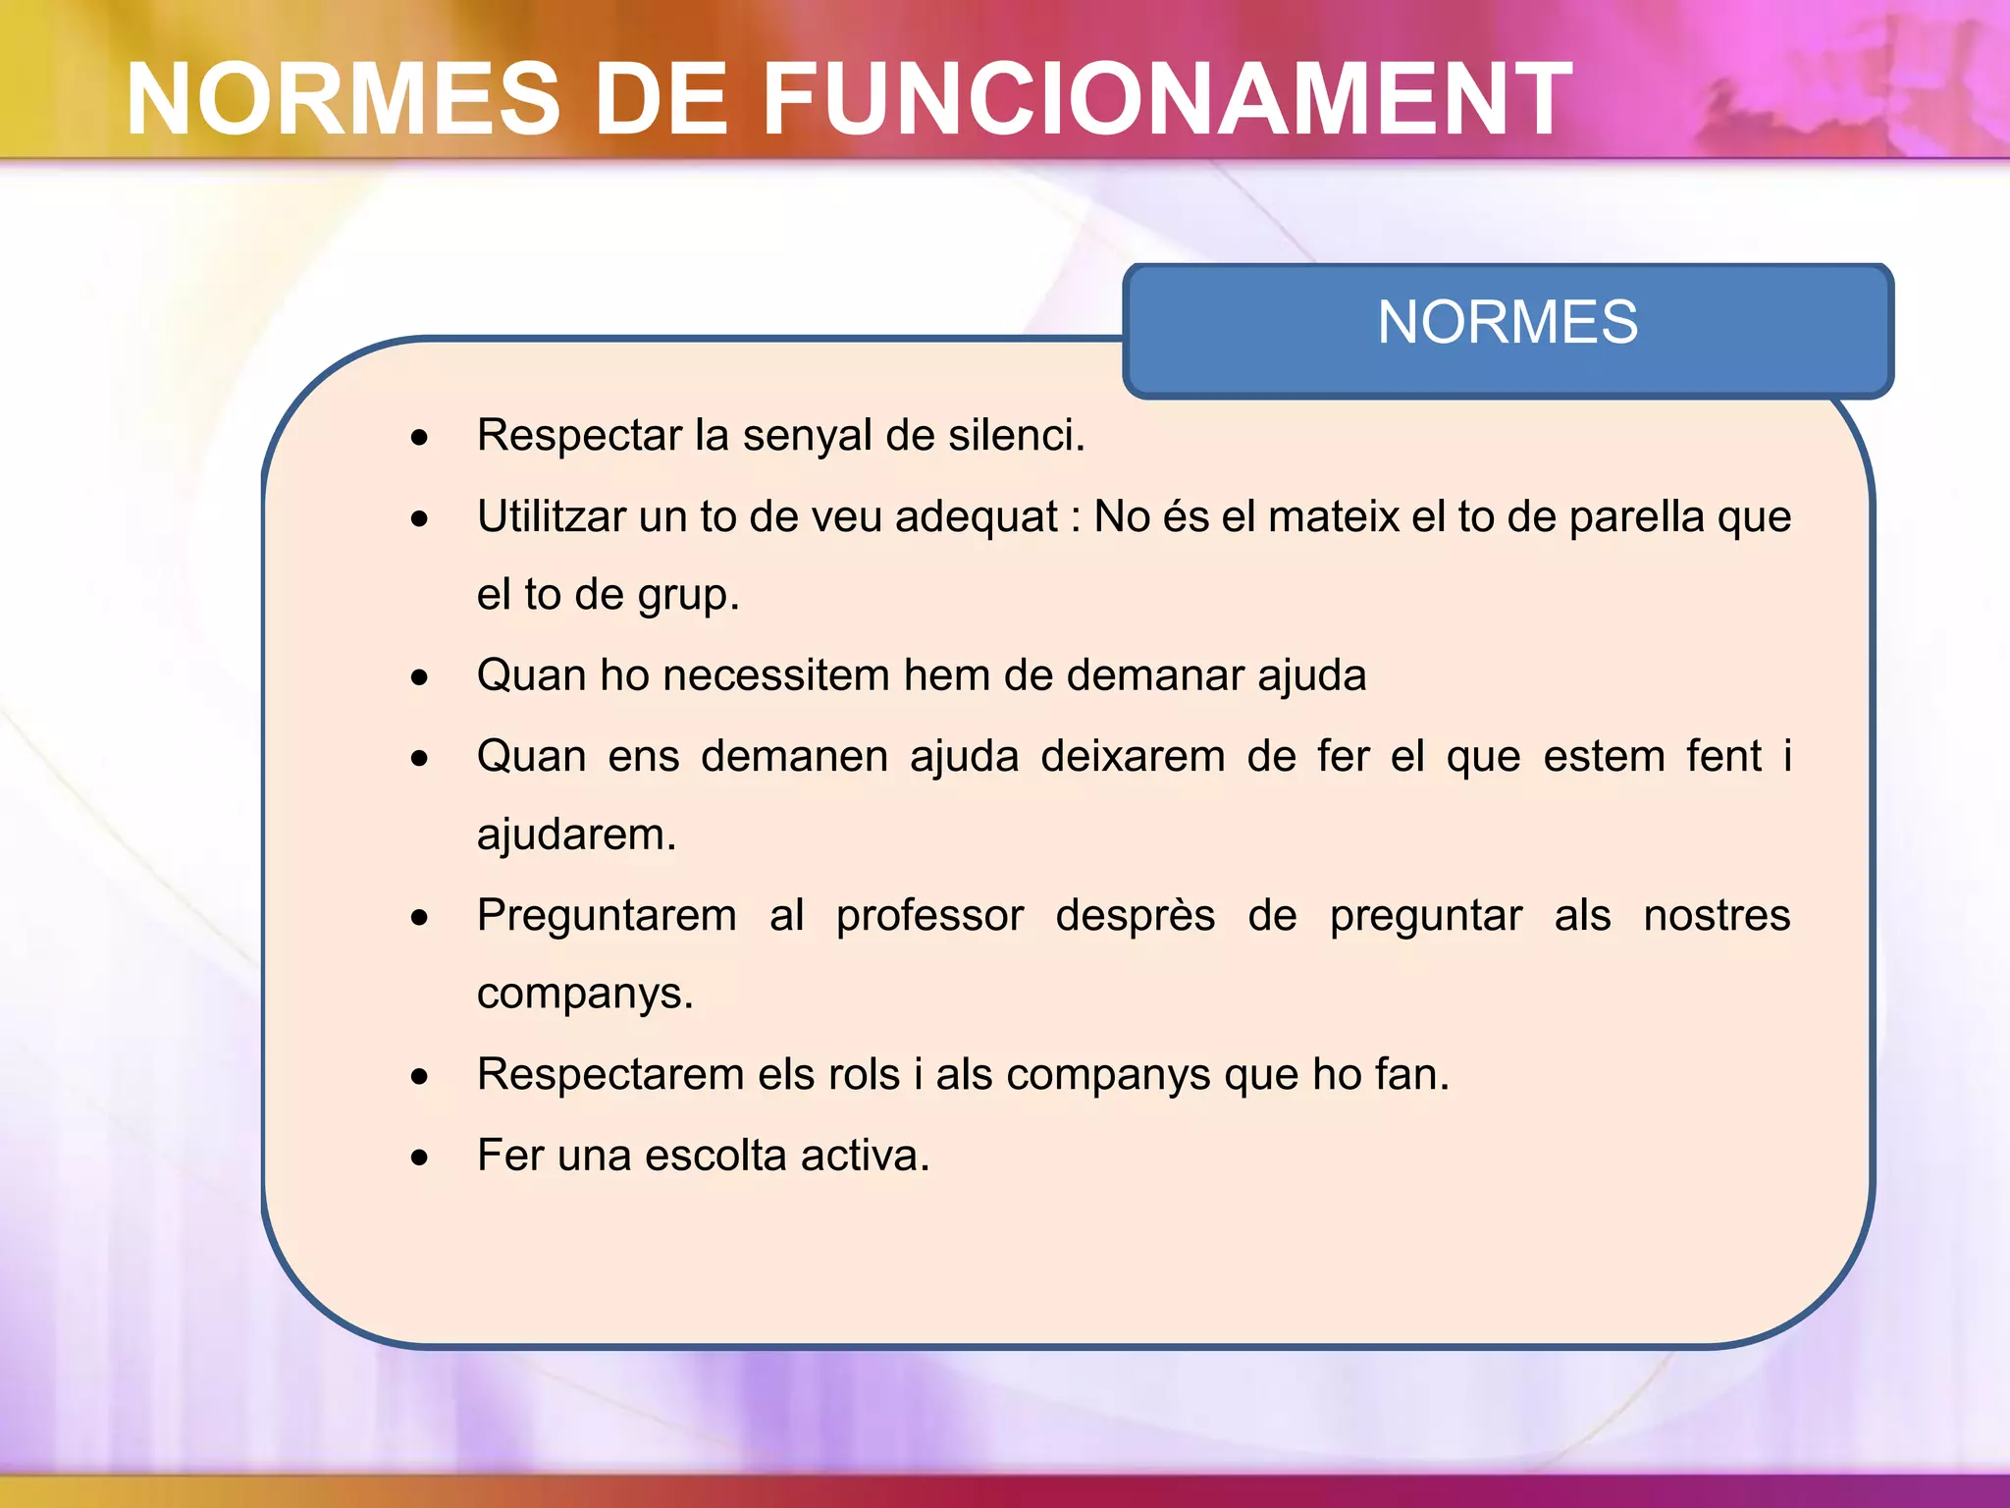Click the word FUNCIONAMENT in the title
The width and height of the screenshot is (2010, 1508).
[x=1167, y=99]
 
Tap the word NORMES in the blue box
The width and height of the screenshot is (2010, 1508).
[x=1507, y=322]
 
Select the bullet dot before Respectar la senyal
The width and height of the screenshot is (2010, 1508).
[x=420, y=438]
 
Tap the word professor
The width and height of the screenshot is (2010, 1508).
[x=929, y=916]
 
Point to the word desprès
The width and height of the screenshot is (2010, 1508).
[x=1135, y=916]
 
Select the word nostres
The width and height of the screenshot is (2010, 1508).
[x=1717, y=915]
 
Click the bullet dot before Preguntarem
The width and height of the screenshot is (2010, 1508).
[x=420, y=918]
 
